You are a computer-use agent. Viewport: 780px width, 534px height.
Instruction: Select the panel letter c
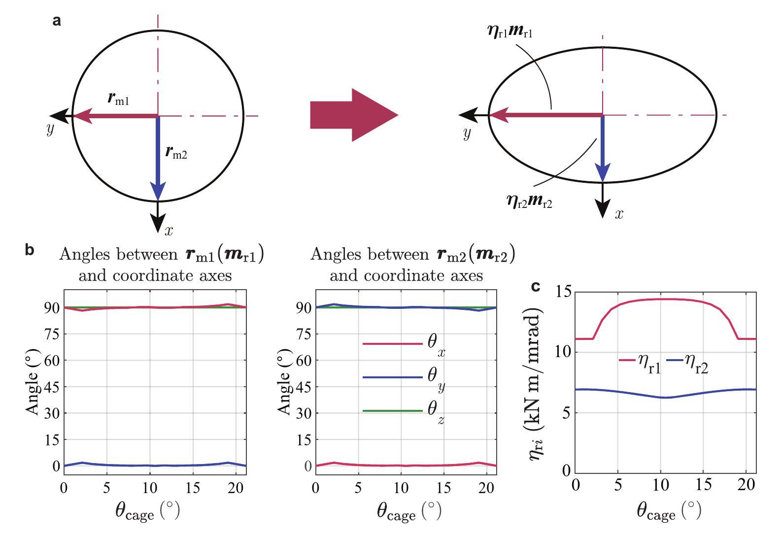coord(536,286)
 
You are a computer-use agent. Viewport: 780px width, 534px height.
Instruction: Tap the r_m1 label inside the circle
coord(118,99)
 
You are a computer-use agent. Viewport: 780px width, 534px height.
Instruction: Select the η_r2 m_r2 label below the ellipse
coord(529,200)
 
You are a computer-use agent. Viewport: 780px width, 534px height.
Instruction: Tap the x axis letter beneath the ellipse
coord(619,213)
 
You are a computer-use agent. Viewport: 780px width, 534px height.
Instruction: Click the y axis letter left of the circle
coord(50,129)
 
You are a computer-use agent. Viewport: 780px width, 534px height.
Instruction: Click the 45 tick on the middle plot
coord(304,387)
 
